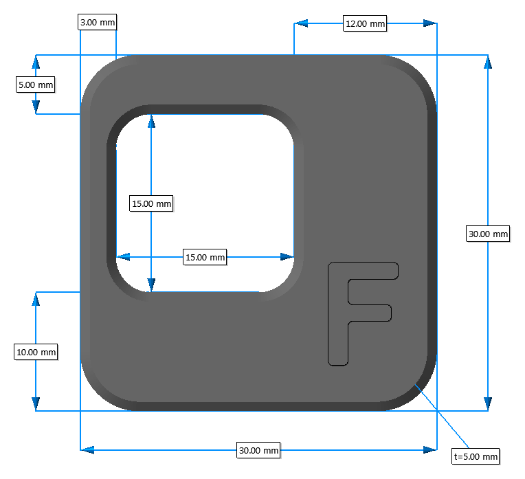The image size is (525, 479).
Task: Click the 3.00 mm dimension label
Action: point(98,22)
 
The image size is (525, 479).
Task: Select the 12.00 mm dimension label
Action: point(365,23)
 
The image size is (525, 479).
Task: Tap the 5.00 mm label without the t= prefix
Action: point(36,85)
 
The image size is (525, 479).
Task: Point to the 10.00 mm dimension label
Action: point(36,352)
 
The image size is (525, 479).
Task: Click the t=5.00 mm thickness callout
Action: point(476,456)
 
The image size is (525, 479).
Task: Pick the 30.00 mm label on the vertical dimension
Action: point(488,234)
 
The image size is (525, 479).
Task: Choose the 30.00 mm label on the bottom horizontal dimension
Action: point(258,450)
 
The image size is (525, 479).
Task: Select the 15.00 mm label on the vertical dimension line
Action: point(151,203)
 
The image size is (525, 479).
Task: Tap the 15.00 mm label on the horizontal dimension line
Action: point(205,257)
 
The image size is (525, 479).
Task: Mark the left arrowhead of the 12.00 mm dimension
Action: point(301,23)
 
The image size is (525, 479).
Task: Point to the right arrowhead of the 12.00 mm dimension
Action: point(430,23)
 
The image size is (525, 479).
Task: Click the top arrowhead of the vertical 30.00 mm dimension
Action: point(488,62)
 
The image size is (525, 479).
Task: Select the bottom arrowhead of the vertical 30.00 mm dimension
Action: point(488,403)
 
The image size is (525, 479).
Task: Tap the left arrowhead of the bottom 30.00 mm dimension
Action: point(87,450)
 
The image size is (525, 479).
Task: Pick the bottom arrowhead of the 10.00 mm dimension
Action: point(36,403)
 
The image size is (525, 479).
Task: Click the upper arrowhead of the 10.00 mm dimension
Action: point(36,299)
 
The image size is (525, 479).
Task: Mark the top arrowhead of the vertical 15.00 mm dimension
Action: point(151,121)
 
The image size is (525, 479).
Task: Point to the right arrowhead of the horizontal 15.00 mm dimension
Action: point(287,257)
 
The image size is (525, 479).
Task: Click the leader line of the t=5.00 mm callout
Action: point(442,416)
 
